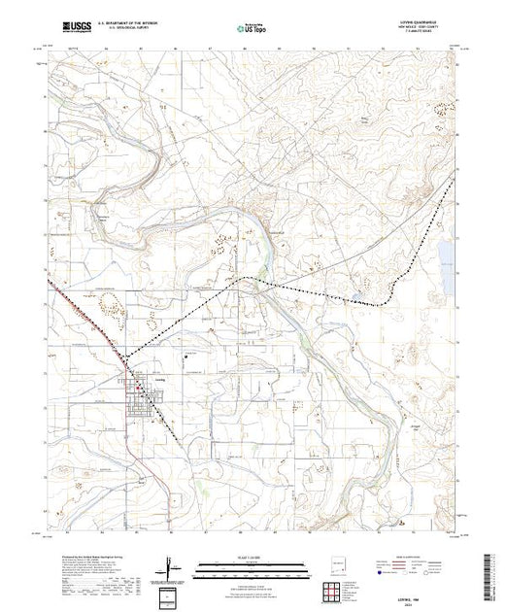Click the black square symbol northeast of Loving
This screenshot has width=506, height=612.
click(x=185, y=355)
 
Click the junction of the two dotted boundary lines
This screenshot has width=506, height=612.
click(x=256, y=286)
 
